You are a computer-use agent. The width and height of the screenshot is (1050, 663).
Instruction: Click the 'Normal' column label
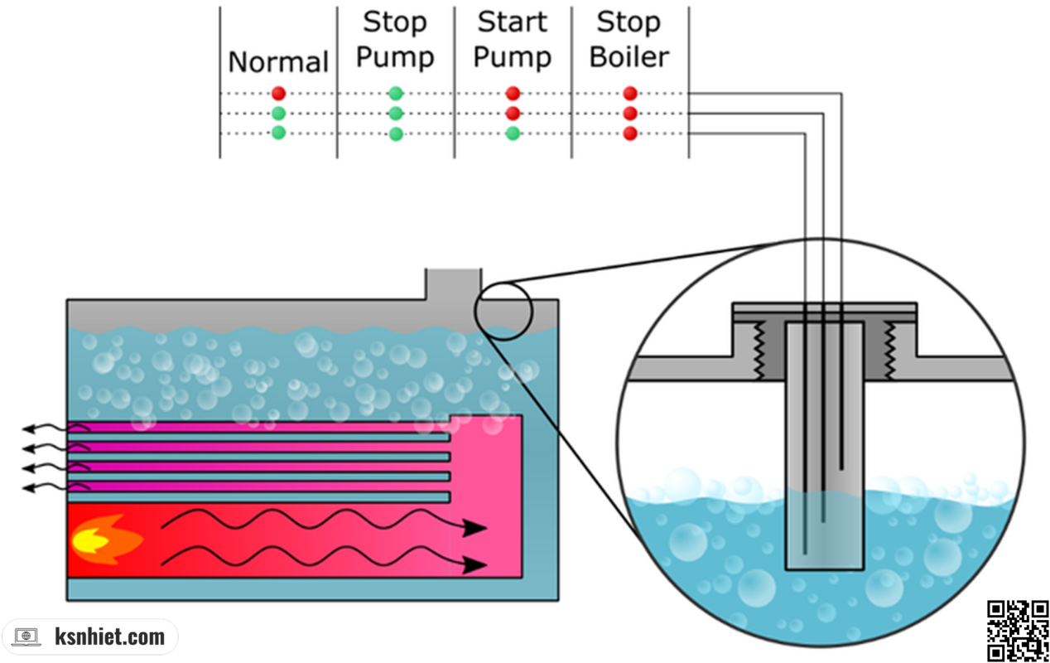(x=278, y=62)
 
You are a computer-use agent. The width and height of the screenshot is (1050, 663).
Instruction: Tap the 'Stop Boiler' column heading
(x=629, y=40)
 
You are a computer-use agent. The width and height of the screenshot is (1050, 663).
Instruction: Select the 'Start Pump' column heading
(x=513, y=40)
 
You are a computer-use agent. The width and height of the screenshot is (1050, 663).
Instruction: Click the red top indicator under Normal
(x=278, y=94)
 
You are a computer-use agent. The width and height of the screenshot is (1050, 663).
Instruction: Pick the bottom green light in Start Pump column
(x=513, y=133)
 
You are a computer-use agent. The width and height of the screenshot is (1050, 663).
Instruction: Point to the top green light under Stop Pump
(x=396, y=94)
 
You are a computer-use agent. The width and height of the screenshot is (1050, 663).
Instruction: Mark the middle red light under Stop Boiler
(x=630, y=113)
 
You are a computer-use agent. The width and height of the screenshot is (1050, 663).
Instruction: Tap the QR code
(x=1019, y=630)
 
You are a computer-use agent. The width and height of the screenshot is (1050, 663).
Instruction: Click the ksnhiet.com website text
(x=110, y=636)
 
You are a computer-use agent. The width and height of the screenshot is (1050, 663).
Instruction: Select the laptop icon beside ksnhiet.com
(x=26, y=637)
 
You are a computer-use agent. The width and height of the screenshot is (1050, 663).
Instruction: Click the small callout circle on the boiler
(x=503, y=311)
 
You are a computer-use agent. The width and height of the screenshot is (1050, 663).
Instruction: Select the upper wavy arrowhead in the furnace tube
(x=475, y=528)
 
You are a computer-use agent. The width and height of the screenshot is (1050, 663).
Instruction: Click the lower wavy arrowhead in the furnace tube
(x=475, y=565)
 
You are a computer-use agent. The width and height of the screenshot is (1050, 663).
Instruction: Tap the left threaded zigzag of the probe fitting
(x=757, y=351)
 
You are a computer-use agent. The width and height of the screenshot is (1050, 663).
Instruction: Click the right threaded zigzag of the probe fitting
(x=892, y=351)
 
